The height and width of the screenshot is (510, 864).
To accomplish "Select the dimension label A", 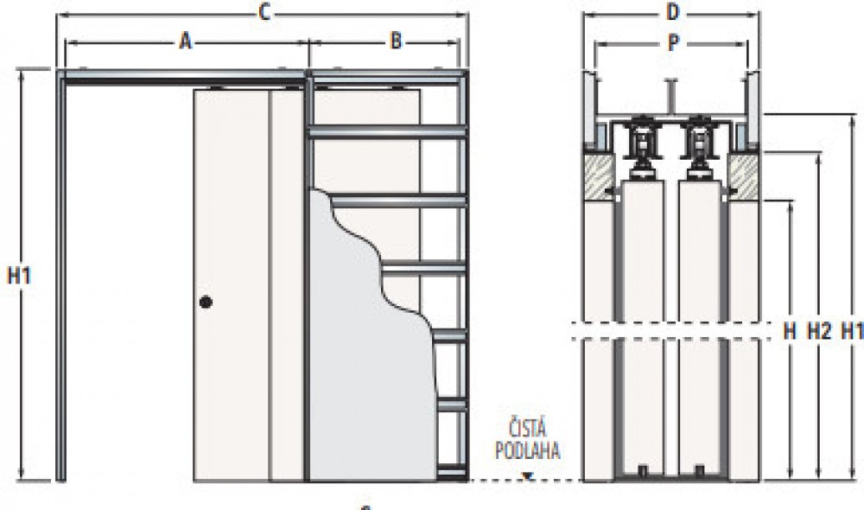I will (185, 41).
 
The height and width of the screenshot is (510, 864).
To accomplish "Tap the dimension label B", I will (395, 41).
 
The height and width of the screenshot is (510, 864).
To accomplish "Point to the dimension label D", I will (674, 11).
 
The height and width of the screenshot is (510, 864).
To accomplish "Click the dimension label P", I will (674, 45).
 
